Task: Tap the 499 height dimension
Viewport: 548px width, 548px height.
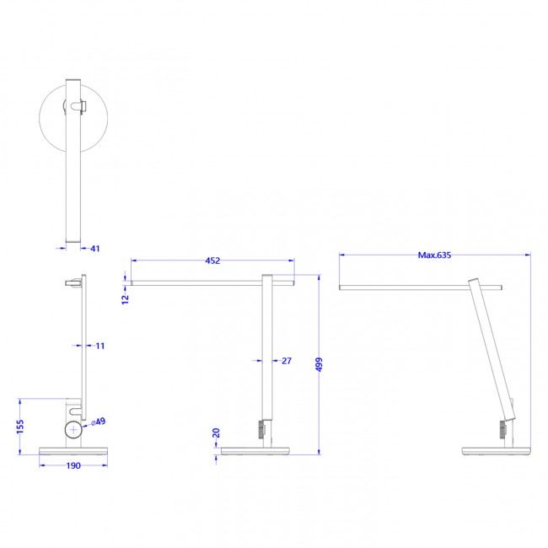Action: click(319, 365)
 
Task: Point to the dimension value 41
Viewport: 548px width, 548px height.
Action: click(94, 249)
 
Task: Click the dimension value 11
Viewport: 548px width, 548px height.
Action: click(100, 346)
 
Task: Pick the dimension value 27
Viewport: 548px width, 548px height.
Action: click(286, 361)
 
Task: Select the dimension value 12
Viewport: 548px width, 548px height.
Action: click(126, 298)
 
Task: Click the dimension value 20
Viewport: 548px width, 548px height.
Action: click(216, 434)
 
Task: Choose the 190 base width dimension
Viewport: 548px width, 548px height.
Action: click(73, 465)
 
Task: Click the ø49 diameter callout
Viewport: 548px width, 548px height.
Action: click(99, 422)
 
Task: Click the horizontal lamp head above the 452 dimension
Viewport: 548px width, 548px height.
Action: click(211, 282)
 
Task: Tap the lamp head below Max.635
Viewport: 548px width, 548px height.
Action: click(422, 287)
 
